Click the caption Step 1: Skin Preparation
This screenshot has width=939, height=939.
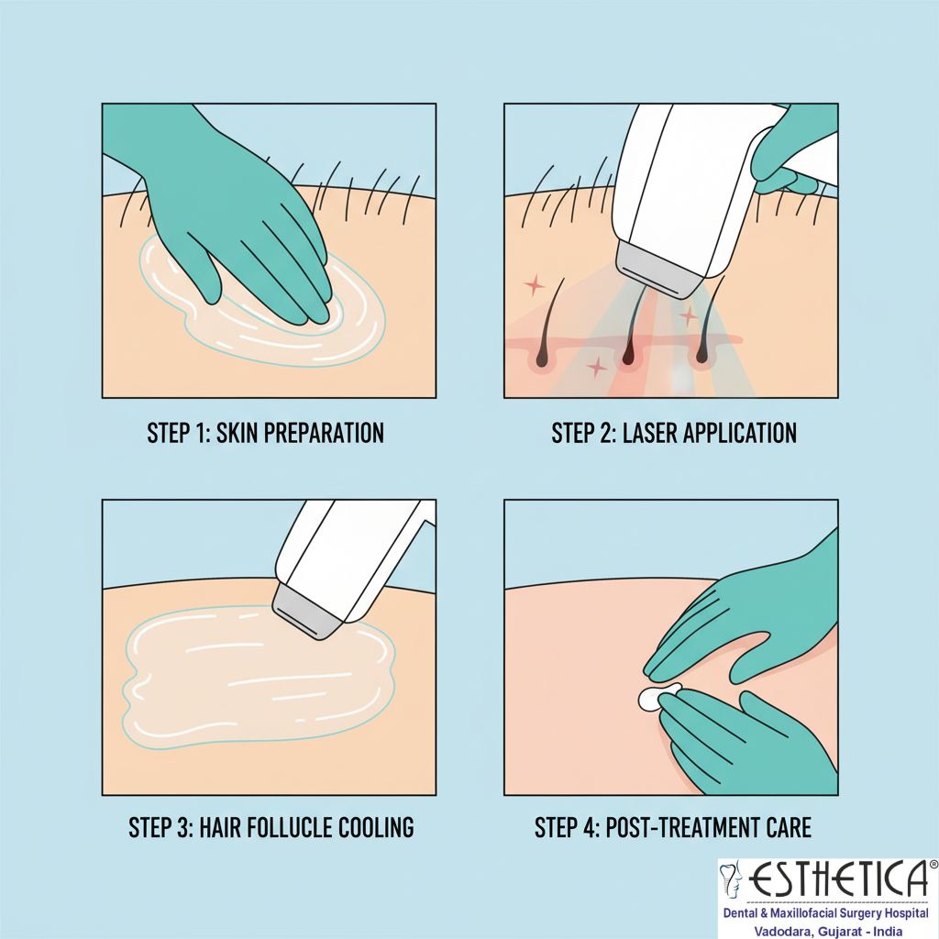(265, 433)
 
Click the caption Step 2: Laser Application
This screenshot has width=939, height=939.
(674, 433)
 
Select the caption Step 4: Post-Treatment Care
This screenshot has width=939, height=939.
(673, 828)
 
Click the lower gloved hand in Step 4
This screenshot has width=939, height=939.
(743, 743)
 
